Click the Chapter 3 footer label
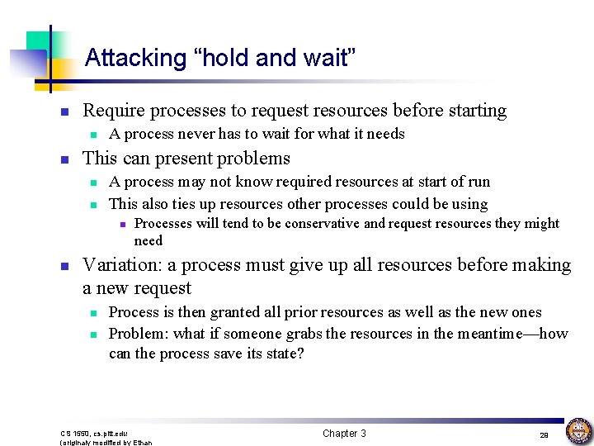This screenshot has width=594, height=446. (344, 434)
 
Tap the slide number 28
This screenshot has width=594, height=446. (544, 434)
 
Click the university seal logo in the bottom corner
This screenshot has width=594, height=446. (578, 430)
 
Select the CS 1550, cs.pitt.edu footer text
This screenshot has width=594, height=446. (93, 433)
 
